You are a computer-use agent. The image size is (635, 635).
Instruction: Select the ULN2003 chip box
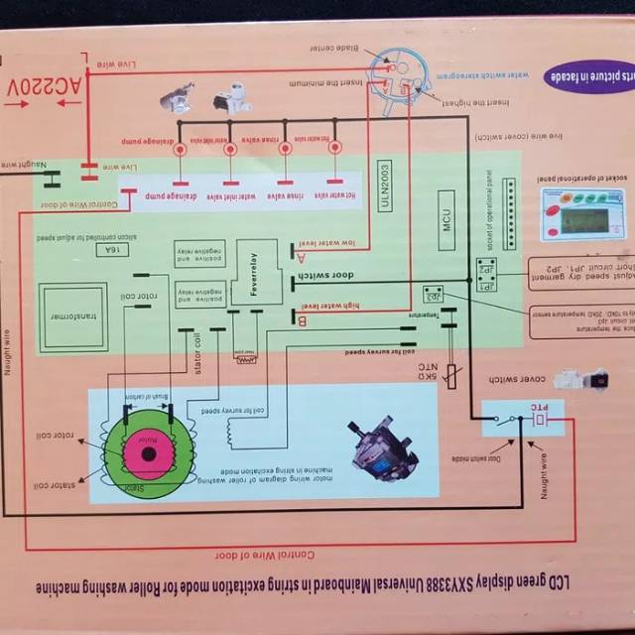pos(385,186)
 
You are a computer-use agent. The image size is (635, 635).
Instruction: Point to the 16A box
pos(110,250)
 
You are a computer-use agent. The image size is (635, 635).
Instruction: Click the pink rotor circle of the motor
pos(149,454)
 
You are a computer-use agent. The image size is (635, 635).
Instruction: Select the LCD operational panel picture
pos(581,212)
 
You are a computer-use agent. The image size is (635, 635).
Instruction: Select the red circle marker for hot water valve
pos(334,148)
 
